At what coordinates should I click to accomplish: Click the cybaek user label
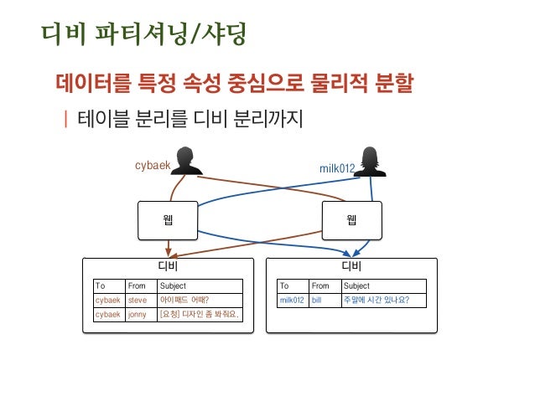click(x=153, y=165)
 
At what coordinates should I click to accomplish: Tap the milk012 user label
click(x=337, y=168)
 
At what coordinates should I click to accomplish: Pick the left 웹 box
click(x=169, y=220)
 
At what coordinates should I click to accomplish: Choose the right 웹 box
click(x=351, y=220)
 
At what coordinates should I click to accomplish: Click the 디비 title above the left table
click(x=169, y=267)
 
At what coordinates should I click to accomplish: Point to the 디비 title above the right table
click(x=351, y=267)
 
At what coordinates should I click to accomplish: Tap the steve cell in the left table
click(x=138, y=300)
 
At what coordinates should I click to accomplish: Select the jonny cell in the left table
click(x=138, y=315)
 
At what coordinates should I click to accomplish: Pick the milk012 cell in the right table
click(x=291, y=300)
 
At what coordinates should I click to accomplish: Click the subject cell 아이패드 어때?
click(x=184, y=300)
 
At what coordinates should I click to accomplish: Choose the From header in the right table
click(x=320, y=285)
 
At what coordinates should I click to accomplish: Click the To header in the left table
click(x=101, y=285)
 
